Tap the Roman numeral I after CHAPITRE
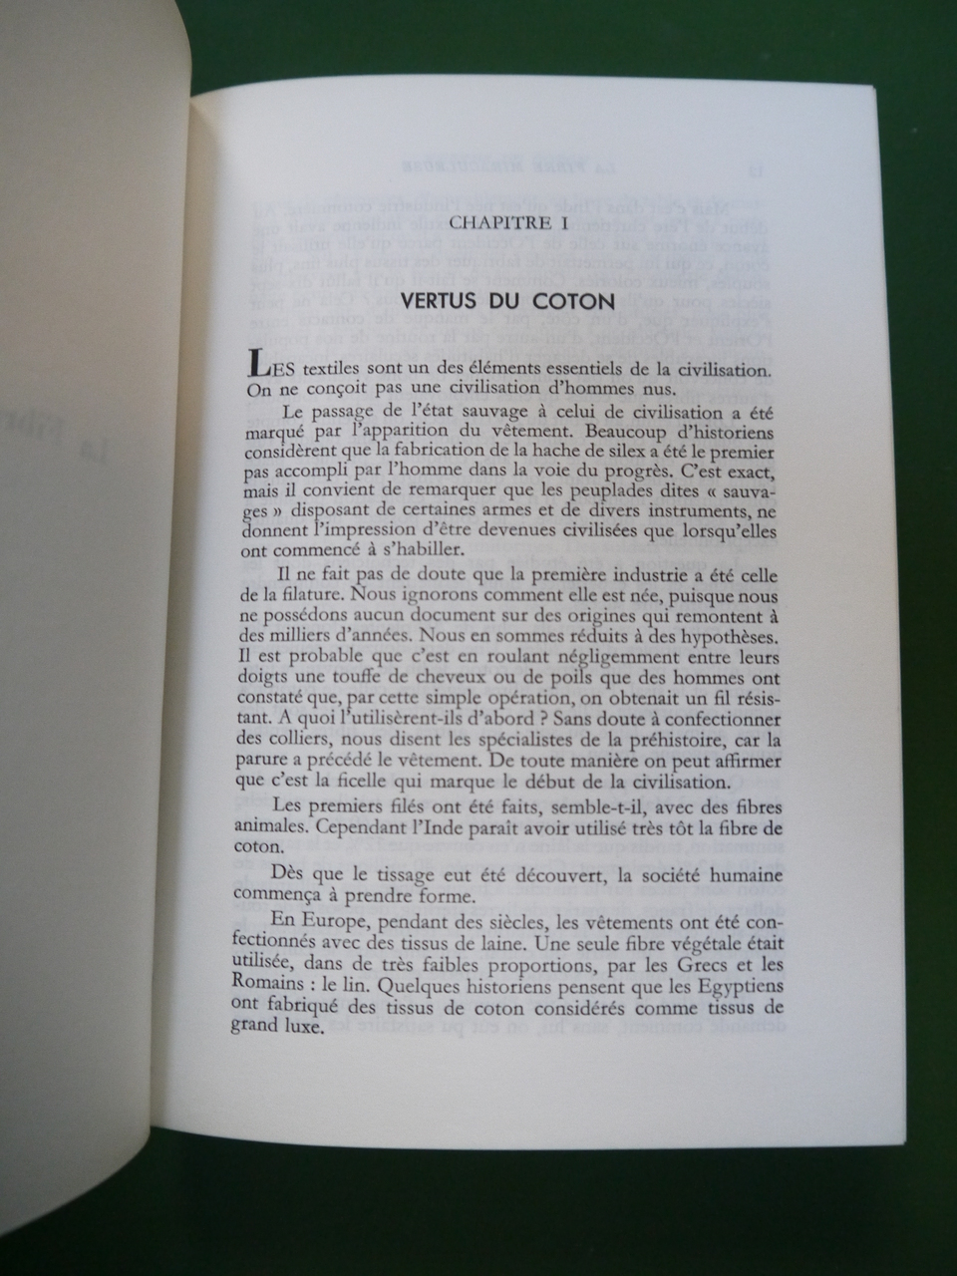[x=563, y=224]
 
